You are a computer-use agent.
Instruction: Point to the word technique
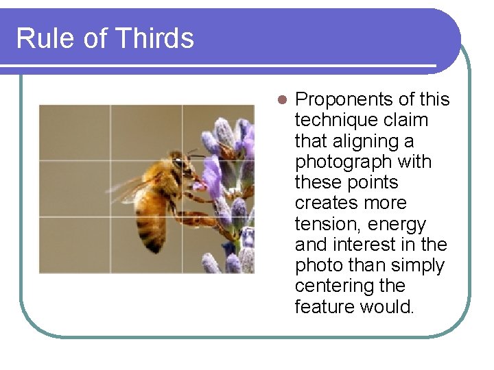(332, 121)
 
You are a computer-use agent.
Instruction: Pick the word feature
(324, 307)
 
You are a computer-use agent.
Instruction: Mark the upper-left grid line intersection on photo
(110, 161)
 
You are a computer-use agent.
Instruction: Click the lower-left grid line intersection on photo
(110, 217)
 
